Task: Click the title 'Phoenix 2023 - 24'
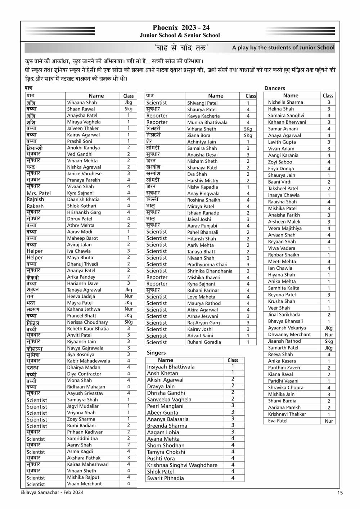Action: coord(181,28)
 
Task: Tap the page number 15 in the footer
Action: coord(340,493)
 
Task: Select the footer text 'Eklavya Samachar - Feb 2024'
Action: coord(52,492)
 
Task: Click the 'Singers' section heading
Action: coord(156,353)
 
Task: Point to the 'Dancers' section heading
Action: coord(275,88)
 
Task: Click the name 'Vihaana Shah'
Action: coord(82,103)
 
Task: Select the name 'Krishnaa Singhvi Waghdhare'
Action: coord(182,465)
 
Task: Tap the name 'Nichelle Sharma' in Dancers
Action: coord(285,102)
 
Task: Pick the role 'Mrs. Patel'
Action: coord(39,193)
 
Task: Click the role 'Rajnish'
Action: coord(35,199)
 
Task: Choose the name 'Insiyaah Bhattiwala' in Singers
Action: coord(171,367)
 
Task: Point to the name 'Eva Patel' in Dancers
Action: coord(278,421)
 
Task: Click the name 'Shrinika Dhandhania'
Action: coord(210,271)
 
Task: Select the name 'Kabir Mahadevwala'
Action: coord(89,361)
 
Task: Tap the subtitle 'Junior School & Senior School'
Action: coord(180,35)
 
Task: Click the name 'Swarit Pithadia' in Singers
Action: coord(165,478)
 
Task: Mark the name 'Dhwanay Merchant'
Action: coord(289,334)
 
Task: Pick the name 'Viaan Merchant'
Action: coord(83,484)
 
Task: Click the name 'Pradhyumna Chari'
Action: coord(207,265)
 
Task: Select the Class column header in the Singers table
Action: coord(233,360)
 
